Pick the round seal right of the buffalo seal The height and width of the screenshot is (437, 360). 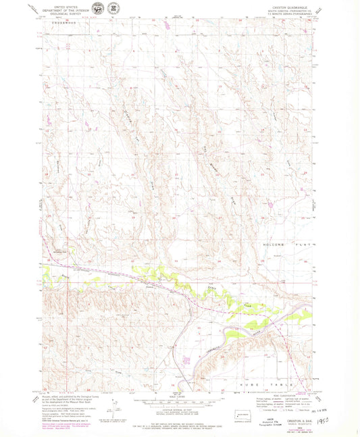(113, 10)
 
